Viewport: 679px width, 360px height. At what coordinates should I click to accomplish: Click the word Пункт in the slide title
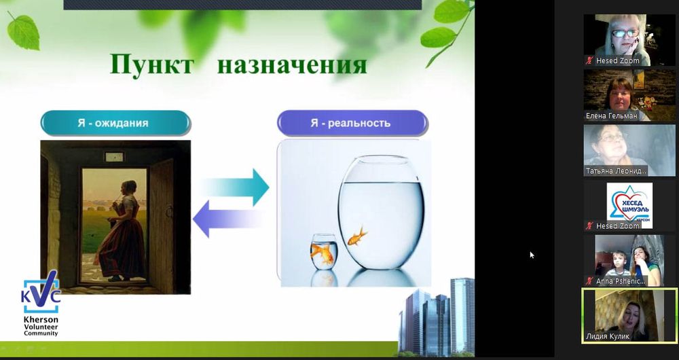point(151,65)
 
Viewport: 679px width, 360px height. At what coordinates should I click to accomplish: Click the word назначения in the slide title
point(292,65)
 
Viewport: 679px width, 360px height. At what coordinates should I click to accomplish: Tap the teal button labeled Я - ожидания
point(115,123)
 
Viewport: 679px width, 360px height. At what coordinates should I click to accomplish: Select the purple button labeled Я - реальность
point(352,123)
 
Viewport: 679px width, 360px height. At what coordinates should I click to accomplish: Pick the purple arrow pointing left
point(229,219)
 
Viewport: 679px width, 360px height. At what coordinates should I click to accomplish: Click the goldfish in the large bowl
point(357,236)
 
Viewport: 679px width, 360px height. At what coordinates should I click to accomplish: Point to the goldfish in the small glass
point(323,254)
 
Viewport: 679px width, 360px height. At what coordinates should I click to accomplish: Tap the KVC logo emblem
point(41,291)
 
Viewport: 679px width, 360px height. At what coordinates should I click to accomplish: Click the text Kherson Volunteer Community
point(41,326)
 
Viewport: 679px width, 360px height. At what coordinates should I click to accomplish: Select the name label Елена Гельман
point(611,115)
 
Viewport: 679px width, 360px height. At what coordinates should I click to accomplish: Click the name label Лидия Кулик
point(608,336)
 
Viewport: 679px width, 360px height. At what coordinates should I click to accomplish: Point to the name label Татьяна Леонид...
point(616,171)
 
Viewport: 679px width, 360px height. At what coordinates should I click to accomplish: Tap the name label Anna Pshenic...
point(621,281)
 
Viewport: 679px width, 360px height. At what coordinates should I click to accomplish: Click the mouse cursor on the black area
point(532,255)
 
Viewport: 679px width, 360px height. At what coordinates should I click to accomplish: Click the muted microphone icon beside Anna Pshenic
point(589,281)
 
